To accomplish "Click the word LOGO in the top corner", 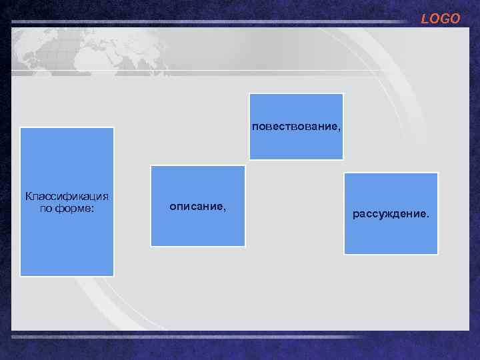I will [x=440, y=19].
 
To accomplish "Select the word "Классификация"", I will [x=67, y=196].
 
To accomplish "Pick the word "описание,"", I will [x=198, y=207].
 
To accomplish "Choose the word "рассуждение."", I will [x=391, y=215].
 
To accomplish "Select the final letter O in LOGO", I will [x=455, y=19].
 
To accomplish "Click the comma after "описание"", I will [x=225, y=209].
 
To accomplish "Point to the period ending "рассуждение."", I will [x=428, y=217].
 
